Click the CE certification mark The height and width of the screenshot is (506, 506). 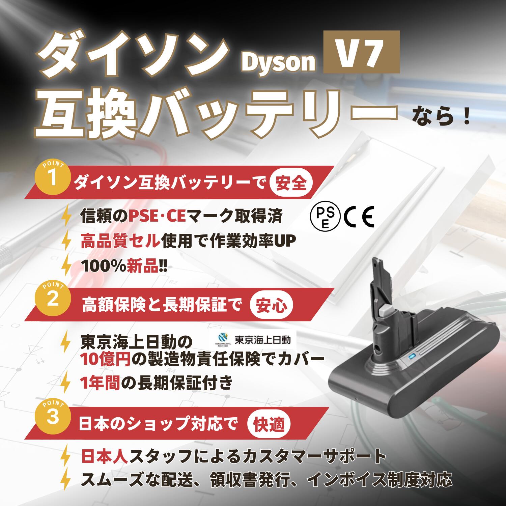359,218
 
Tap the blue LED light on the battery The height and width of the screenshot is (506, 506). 411,357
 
